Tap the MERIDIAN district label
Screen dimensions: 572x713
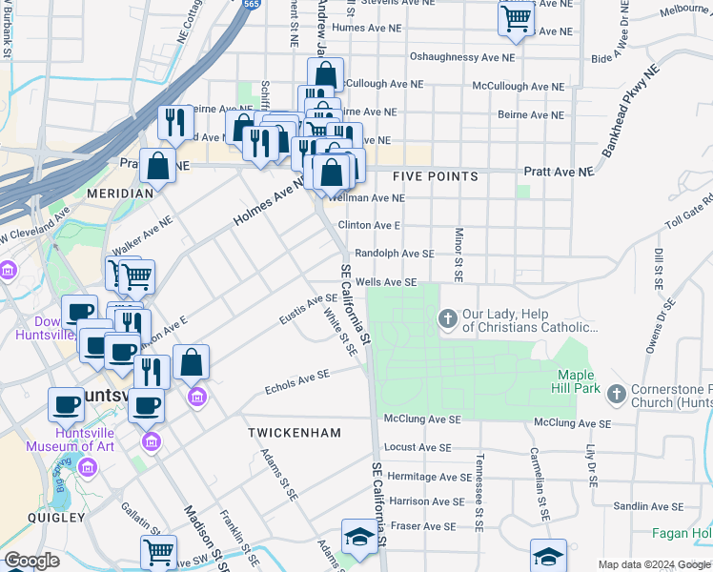point(120,193)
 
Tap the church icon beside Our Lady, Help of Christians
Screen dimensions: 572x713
point(446,317)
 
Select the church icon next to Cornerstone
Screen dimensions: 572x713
point(617,393)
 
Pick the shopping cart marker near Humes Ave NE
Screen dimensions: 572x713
point(516,18)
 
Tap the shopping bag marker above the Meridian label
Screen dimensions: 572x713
point(157,166)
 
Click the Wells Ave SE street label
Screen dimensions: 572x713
point(386,282)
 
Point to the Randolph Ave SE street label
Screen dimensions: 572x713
point(394,254)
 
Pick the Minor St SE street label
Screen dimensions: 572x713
point(458,255)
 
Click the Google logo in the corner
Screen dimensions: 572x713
point(31,561)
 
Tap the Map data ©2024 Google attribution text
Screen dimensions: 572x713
point(653,564)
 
